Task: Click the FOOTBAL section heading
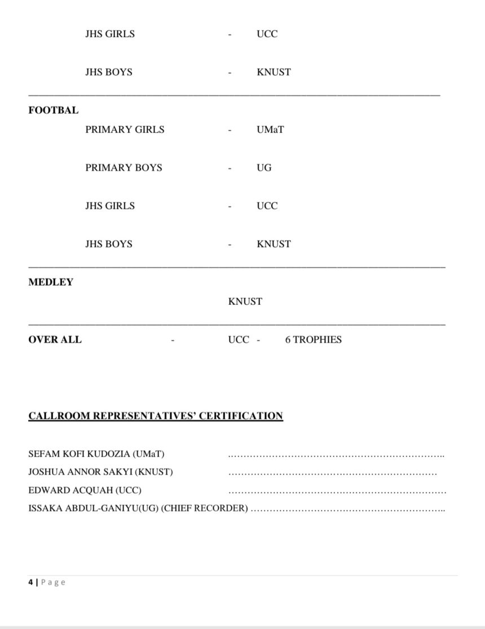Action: coord(54,110)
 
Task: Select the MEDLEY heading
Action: coord(51,282)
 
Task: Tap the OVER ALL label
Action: coord(55,340)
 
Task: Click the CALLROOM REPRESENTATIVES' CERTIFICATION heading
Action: coord(156,417)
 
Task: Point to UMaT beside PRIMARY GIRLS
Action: coord(270,130)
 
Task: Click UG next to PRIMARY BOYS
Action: coord(264,168)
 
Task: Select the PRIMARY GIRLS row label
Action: coord(125,130)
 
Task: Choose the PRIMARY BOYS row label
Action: coord(124,168)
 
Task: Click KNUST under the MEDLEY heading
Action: coord(245,302)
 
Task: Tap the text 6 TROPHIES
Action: coord(313,340)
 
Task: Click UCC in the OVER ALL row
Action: coord(238,340)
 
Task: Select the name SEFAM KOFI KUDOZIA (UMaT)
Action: coord(96,454)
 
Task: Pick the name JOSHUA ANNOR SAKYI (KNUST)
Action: coord(100,472)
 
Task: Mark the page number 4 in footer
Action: coord(30,582)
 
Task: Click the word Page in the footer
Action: coord(54,582)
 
